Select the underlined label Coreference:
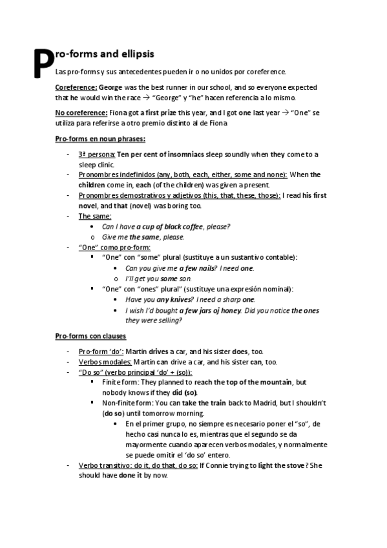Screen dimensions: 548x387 pos(76,87)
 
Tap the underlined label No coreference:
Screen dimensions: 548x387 pos(81,112)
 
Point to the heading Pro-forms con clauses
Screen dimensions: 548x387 pos(90,336)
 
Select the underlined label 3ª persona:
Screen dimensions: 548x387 pos(96,154)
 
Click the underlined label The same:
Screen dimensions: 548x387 pos(94,216)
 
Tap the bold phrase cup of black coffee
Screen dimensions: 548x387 pos(171,226)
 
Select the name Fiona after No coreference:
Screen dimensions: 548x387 pos(119,112)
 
